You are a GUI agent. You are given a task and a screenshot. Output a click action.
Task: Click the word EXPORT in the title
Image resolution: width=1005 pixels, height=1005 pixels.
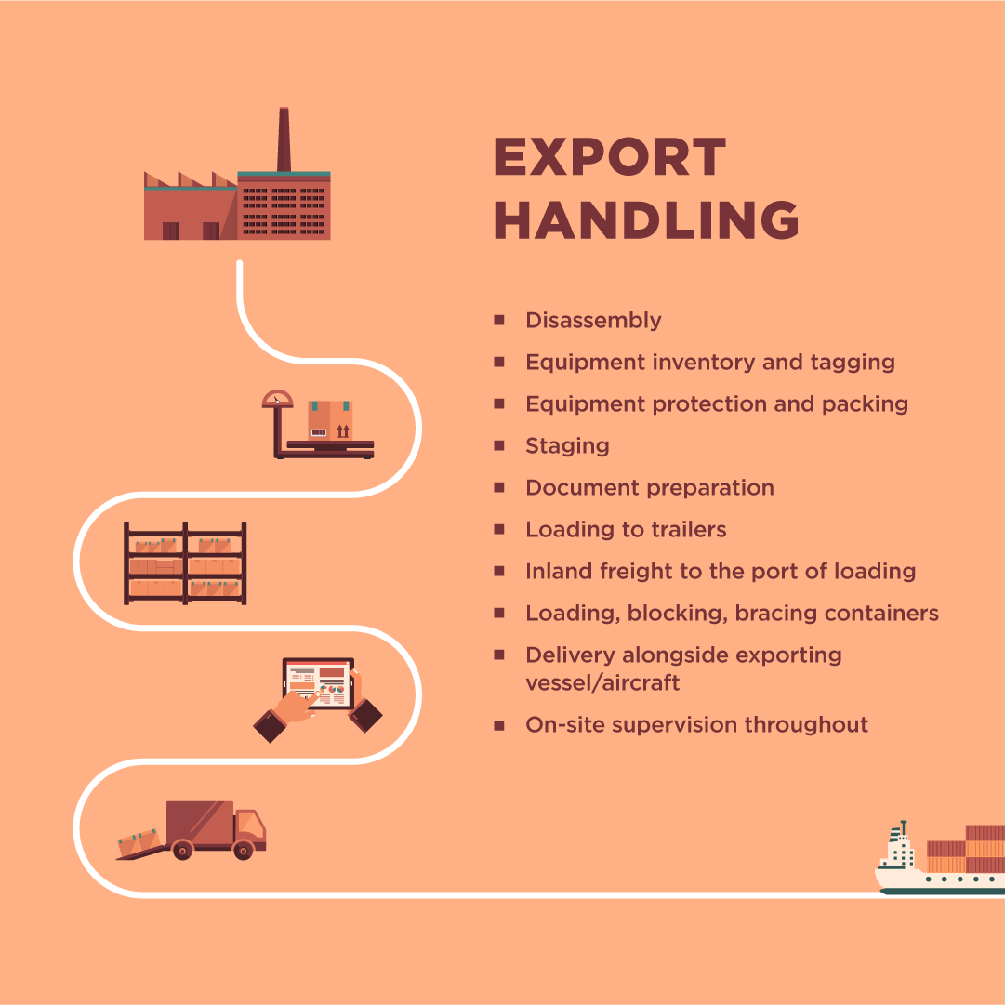(609, 157)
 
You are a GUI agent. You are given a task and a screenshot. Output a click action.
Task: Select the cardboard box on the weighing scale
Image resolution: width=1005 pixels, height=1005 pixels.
(330, 420)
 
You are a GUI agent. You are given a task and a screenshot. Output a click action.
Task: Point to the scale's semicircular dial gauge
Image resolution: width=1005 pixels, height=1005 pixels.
(276, 400)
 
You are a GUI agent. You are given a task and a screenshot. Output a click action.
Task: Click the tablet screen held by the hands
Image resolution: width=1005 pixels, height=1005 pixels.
(318, 684)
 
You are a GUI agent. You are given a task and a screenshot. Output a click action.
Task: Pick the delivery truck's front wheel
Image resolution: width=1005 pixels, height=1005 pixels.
(243, 849)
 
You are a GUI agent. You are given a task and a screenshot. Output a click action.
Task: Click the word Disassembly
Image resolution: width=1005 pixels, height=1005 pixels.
(593, 321)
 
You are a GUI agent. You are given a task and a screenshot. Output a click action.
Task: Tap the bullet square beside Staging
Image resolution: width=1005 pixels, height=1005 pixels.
(499, 445)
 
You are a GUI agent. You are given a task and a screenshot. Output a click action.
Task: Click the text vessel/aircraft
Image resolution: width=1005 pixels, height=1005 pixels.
(602, 683)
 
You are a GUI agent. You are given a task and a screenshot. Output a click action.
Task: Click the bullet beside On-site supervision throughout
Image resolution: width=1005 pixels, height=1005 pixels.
(499, 724)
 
